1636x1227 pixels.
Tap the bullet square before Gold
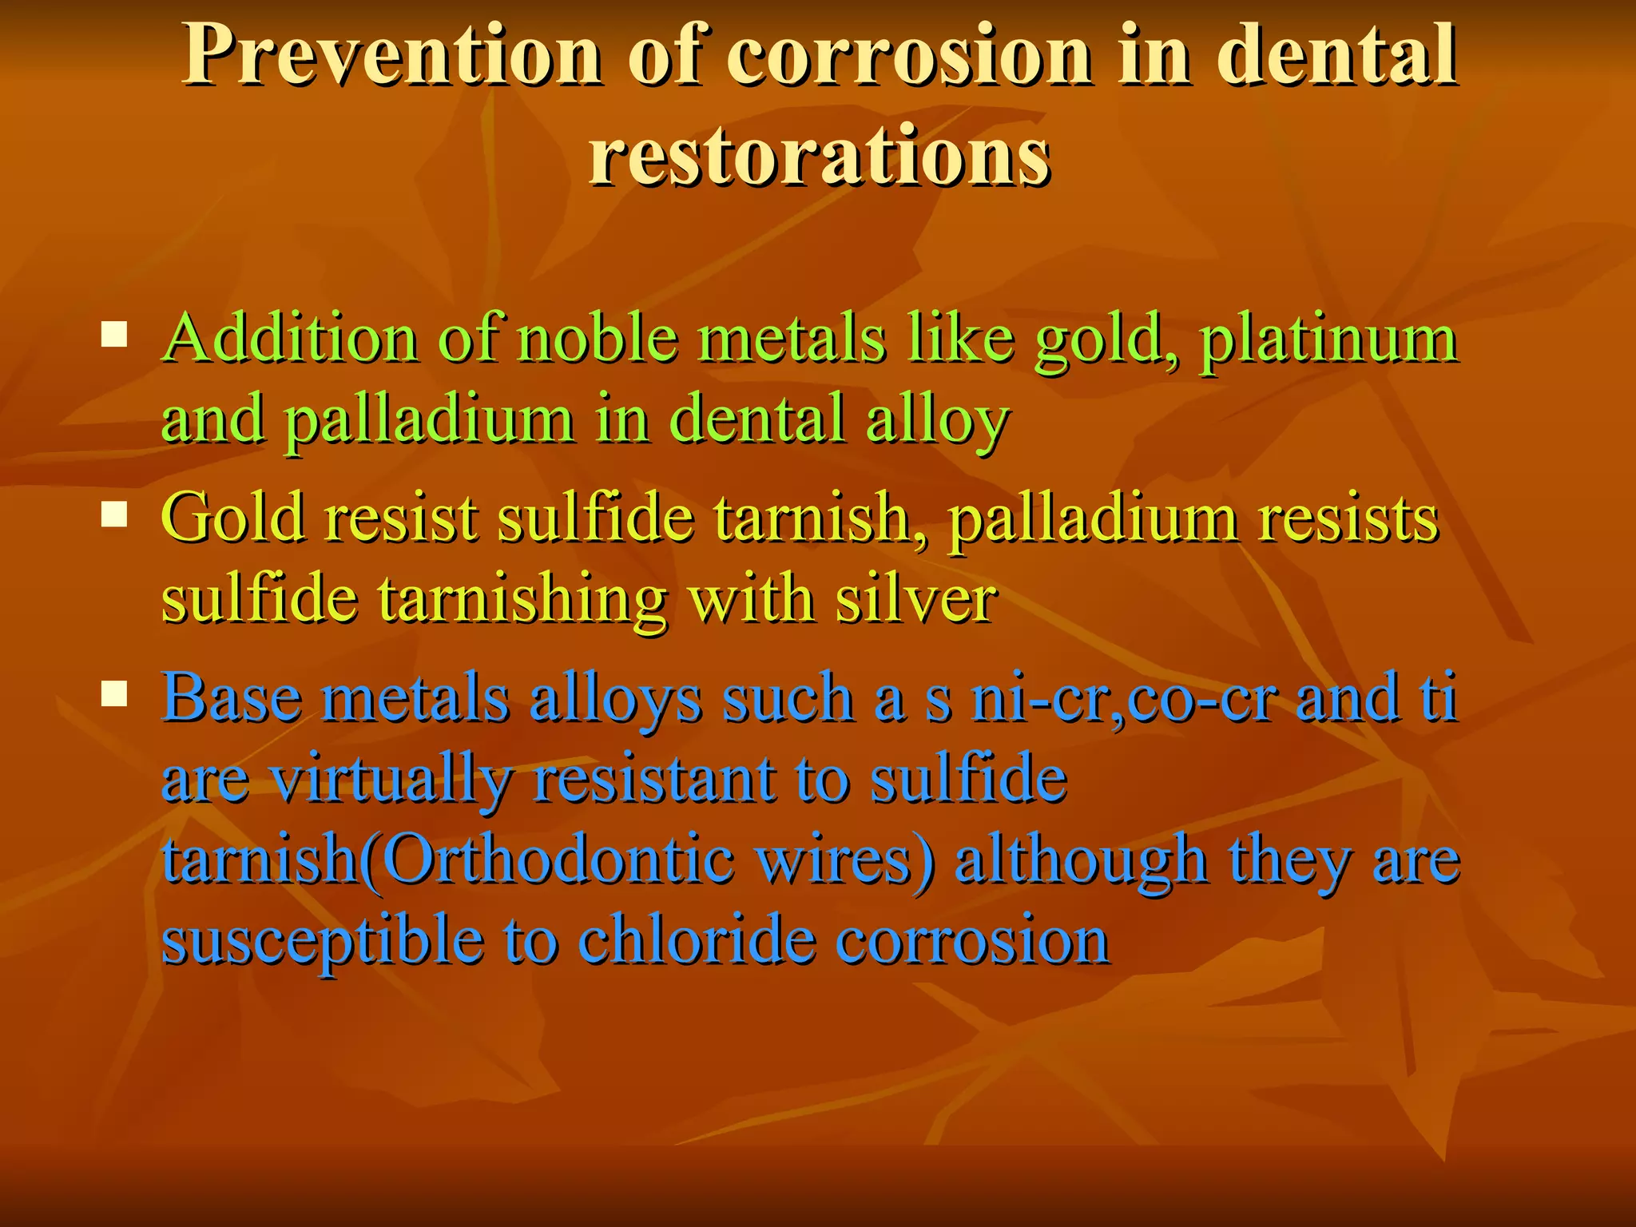tap(114, 515)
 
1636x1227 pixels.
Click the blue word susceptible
tap(323, 943)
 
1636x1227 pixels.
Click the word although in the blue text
tap(1082, 862)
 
